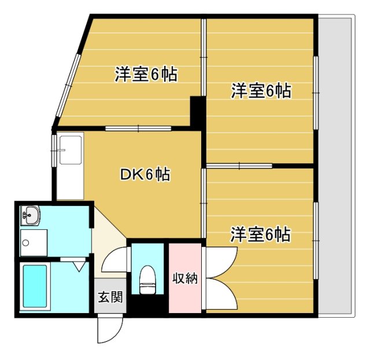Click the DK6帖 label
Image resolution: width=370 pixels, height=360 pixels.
[145, 174]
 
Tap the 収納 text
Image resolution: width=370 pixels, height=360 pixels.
[185, 278]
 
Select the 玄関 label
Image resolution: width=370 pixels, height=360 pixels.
[110, 297]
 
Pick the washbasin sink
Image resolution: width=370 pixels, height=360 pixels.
[30, 216]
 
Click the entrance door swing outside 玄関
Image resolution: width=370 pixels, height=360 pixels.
[108, 330]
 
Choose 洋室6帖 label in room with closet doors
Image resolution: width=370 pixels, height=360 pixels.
[260, 235]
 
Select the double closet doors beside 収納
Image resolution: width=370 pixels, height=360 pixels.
[220, 278]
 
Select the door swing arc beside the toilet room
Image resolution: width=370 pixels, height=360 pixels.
[116, 260]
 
